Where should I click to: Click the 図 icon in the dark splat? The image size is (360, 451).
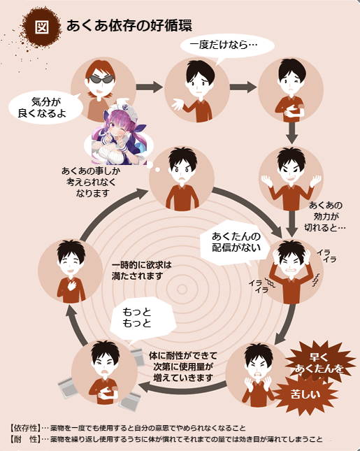point(42,27)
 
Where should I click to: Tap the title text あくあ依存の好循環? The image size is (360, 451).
point(129,26)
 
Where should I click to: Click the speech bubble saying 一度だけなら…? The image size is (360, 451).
point(227,47)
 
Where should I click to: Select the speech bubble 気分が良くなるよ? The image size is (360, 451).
point(45,107)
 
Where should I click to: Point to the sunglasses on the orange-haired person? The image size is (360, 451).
point(101,79)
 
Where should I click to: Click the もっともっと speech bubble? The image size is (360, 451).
point(143,318)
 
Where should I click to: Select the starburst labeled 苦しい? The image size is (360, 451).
point(305,394)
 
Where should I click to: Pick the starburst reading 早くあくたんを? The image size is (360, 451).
point(319,363)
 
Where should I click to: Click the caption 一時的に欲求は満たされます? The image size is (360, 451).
point(141,271)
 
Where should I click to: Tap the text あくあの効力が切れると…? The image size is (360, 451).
point(325,216)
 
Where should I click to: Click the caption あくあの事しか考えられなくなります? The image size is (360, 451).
point(91,182)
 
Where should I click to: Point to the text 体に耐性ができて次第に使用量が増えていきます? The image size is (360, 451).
point(183,366)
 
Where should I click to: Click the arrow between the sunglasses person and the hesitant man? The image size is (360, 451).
point(150,87)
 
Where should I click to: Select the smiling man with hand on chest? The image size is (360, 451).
point(71,271)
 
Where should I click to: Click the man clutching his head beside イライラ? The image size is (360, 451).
point(291,271)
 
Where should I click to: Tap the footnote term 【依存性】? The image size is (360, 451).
point(24,429)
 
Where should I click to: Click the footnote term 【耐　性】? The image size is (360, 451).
point(24,439)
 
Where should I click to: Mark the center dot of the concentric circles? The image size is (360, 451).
point(182,289)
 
